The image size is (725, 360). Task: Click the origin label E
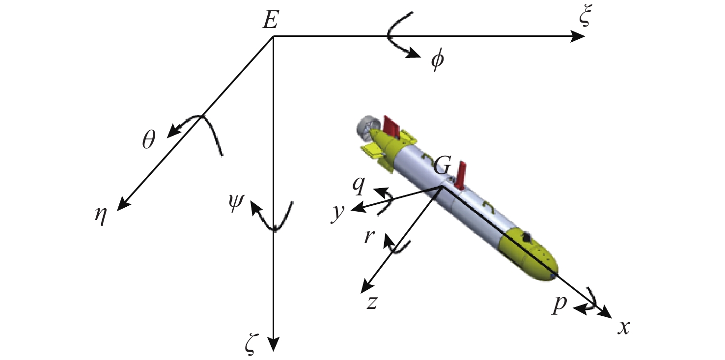coord(271,20)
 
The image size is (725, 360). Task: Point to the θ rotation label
coord(149,140)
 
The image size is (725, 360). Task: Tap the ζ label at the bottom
coord(251,347)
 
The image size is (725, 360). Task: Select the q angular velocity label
coord(359,186)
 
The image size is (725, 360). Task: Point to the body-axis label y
coord(337,214)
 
